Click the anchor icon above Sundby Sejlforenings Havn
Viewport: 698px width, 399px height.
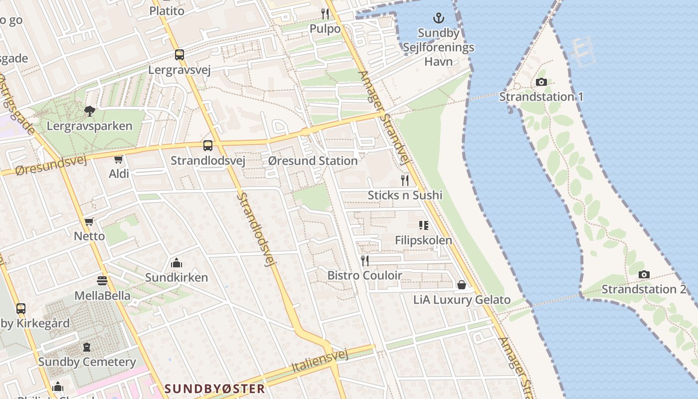pyautogui.click(x=438, y=18)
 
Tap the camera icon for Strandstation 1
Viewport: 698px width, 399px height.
pyautogui.click(x=541, y=82)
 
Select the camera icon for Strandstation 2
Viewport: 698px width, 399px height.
pyautogui.click(x=644, y=274)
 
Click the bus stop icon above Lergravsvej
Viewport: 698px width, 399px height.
pyautogui.click(x=179, y=55)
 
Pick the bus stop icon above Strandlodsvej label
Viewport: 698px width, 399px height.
pyautogui.click(x=207, y=146)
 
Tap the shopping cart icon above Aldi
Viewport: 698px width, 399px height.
pyautogui.click(x=119, y=160)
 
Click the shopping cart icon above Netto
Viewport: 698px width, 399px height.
pyautogui.click(x=89, y=222)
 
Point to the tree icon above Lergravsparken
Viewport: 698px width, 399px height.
pyautogui.click(x=90, y=111)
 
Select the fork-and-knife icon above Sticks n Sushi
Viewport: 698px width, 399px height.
pyautogui.click(x=405, y=180)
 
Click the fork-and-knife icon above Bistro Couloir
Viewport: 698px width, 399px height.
pyautogui.click(x=365, y=260)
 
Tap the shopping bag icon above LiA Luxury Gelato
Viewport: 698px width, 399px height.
pyautogui.click(x=462, y=285)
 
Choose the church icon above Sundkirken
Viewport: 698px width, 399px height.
pyautogui.click(x=176, y=263)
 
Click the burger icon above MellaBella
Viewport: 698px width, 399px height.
pyautogui.click(x=102, y=281)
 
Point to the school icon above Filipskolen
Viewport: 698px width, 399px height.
pyautogui.click(x=424, y=225)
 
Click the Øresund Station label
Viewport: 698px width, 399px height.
pyautogui.click(x=313, y=161)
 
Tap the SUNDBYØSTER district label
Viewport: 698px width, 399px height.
pyautogui.click(x=214, y=389)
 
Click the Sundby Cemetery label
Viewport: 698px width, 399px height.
pyautogui.click(x=87, y=362)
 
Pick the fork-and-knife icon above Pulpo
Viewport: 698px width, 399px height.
pyautogui.click(x=325, y=13)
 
